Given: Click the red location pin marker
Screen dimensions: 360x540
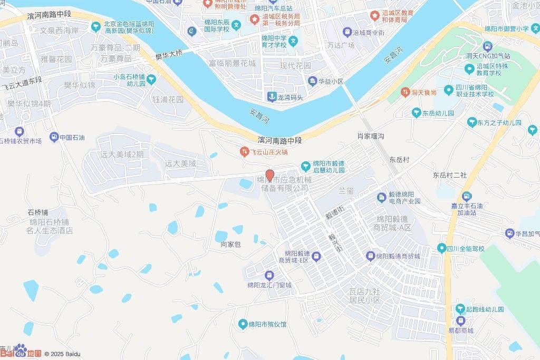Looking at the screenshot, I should coord(269,175).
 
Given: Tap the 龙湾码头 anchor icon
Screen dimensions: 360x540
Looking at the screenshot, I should coord(272,96).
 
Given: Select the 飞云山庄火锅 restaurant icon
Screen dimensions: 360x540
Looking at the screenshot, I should coord(244,152).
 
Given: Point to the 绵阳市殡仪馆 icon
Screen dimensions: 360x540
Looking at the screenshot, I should coord(243,324).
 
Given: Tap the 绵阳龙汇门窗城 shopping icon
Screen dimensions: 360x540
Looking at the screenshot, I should coord(269,275).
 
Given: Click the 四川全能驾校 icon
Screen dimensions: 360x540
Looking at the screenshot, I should coord(441,248).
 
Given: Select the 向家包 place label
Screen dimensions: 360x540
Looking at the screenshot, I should coord(230,245).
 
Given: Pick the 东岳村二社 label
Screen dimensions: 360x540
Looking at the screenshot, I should coord(450,174).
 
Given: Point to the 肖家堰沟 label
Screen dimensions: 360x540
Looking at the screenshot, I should coord(371,136).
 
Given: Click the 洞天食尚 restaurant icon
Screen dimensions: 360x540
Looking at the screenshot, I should coord(405,92).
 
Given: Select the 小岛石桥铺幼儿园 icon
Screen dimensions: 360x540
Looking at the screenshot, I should coord(152,80).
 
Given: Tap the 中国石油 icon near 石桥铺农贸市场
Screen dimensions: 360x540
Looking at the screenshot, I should coord(54,138).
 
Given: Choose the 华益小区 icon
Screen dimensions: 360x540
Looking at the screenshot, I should coord(313,81).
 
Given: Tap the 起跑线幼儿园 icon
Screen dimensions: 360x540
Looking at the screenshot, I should coord(460,309).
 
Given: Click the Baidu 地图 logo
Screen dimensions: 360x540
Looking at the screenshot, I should coord(21,352).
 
